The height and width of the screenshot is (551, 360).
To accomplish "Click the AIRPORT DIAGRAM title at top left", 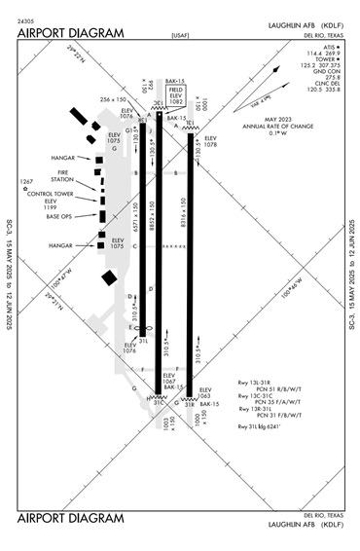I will click(71, 33).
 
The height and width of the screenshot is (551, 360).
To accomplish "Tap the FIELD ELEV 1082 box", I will click(176, 95).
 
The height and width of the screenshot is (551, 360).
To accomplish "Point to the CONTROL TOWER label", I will click(55, 193).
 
